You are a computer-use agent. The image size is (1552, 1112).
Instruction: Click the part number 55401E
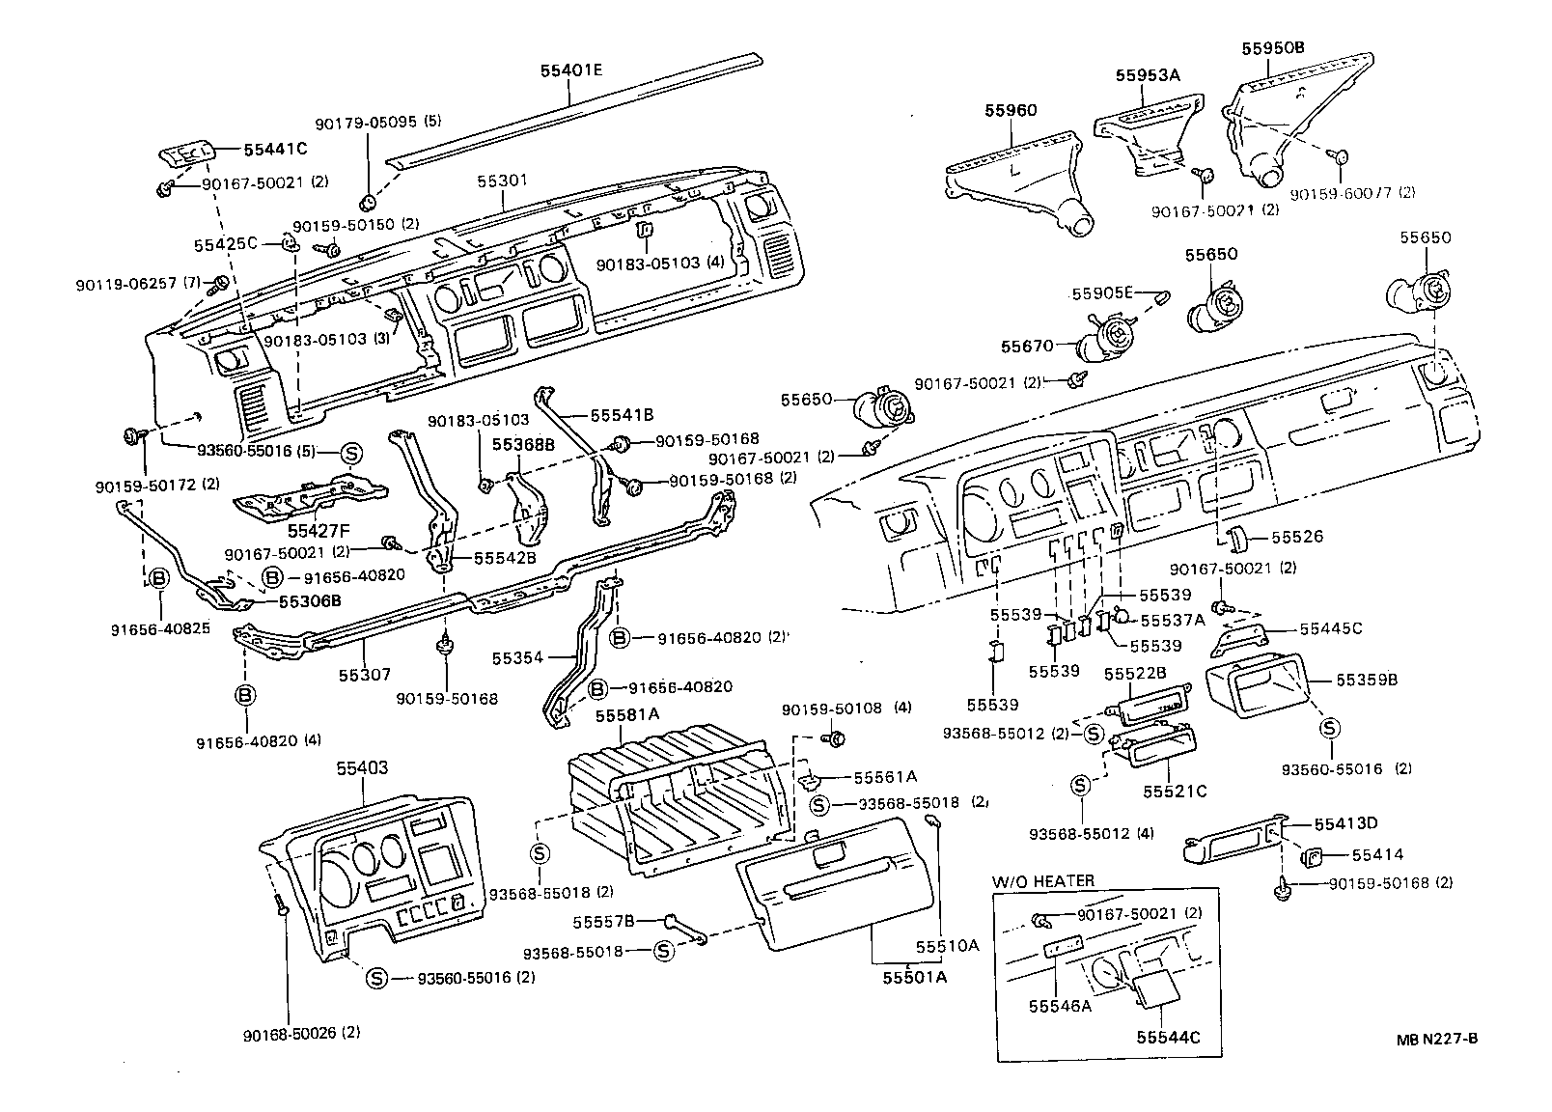tap(571, 69)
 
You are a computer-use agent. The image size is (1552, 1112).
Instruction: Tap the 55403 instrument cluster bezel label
tap(362, 768)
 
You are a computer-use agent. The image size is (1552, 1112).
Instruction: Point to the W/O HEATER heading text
tap(1043, 881)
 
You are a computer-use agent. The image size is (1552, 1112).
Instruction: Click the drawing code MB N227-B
tap(1436, 1039)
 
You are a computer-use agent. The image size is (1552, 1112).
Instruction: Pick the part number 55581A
tap(626, 715)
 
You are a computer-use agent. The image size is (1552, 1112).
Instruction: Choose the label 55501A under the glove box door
tap(914, 977)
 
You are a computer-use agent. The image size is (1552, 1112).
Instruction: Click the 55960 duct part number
tap(1011, 110)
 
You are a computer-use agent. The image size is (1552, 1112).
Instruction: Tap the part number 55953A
tap(1148, 74)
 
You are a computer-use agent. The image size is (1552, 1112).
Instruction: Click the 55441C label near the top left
tap(275, 150)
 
